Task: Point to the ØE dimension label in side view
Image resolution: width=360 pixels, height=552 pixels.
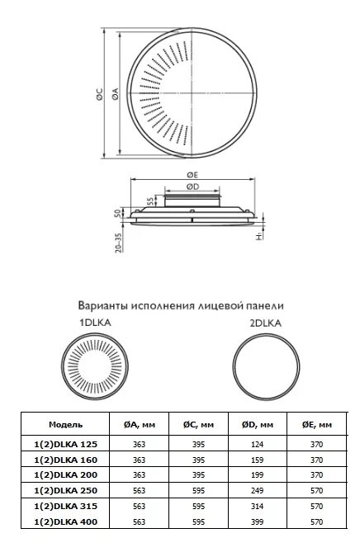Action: [192, 174]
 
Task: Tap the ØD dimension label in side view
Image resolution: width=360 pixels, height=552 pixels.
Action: [192, 186]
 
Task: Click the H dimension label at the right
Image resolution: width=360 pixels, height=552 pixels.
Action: [258, 237]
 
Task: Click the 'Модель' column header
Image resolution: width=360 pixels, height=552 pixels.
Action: [66, 424]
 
